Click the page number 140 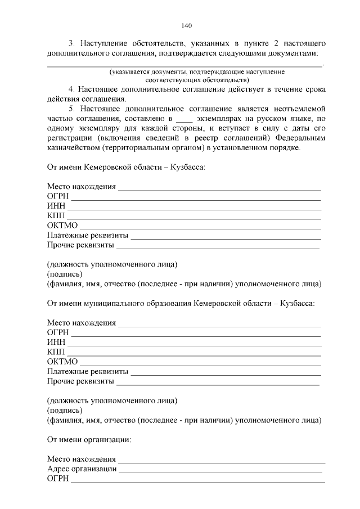click(x=187, y=25)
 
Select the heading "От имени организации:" click(x=89, y=438)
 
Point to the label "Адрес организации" click(x=82, y=469)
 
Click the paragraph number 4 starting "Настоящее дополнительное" click(x=71, y=89)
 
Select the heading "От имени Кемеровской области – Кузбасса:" click(x=126, y=167)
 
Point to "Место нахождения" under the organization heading click(x=82, y=459)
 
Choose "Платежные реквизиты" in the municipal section click(x=88, y=371)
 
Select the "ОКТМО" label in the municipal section click(x=62, y=362)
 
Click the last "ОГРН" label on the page click(x=58, y=479)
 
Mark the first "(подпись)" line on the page click(x=65, y=274)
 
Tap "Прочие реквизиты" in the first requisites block click(x=81, y=245)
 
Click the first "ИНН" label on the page click(x=56, y=206)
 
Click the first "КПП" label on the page click(x=56, y=216)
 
